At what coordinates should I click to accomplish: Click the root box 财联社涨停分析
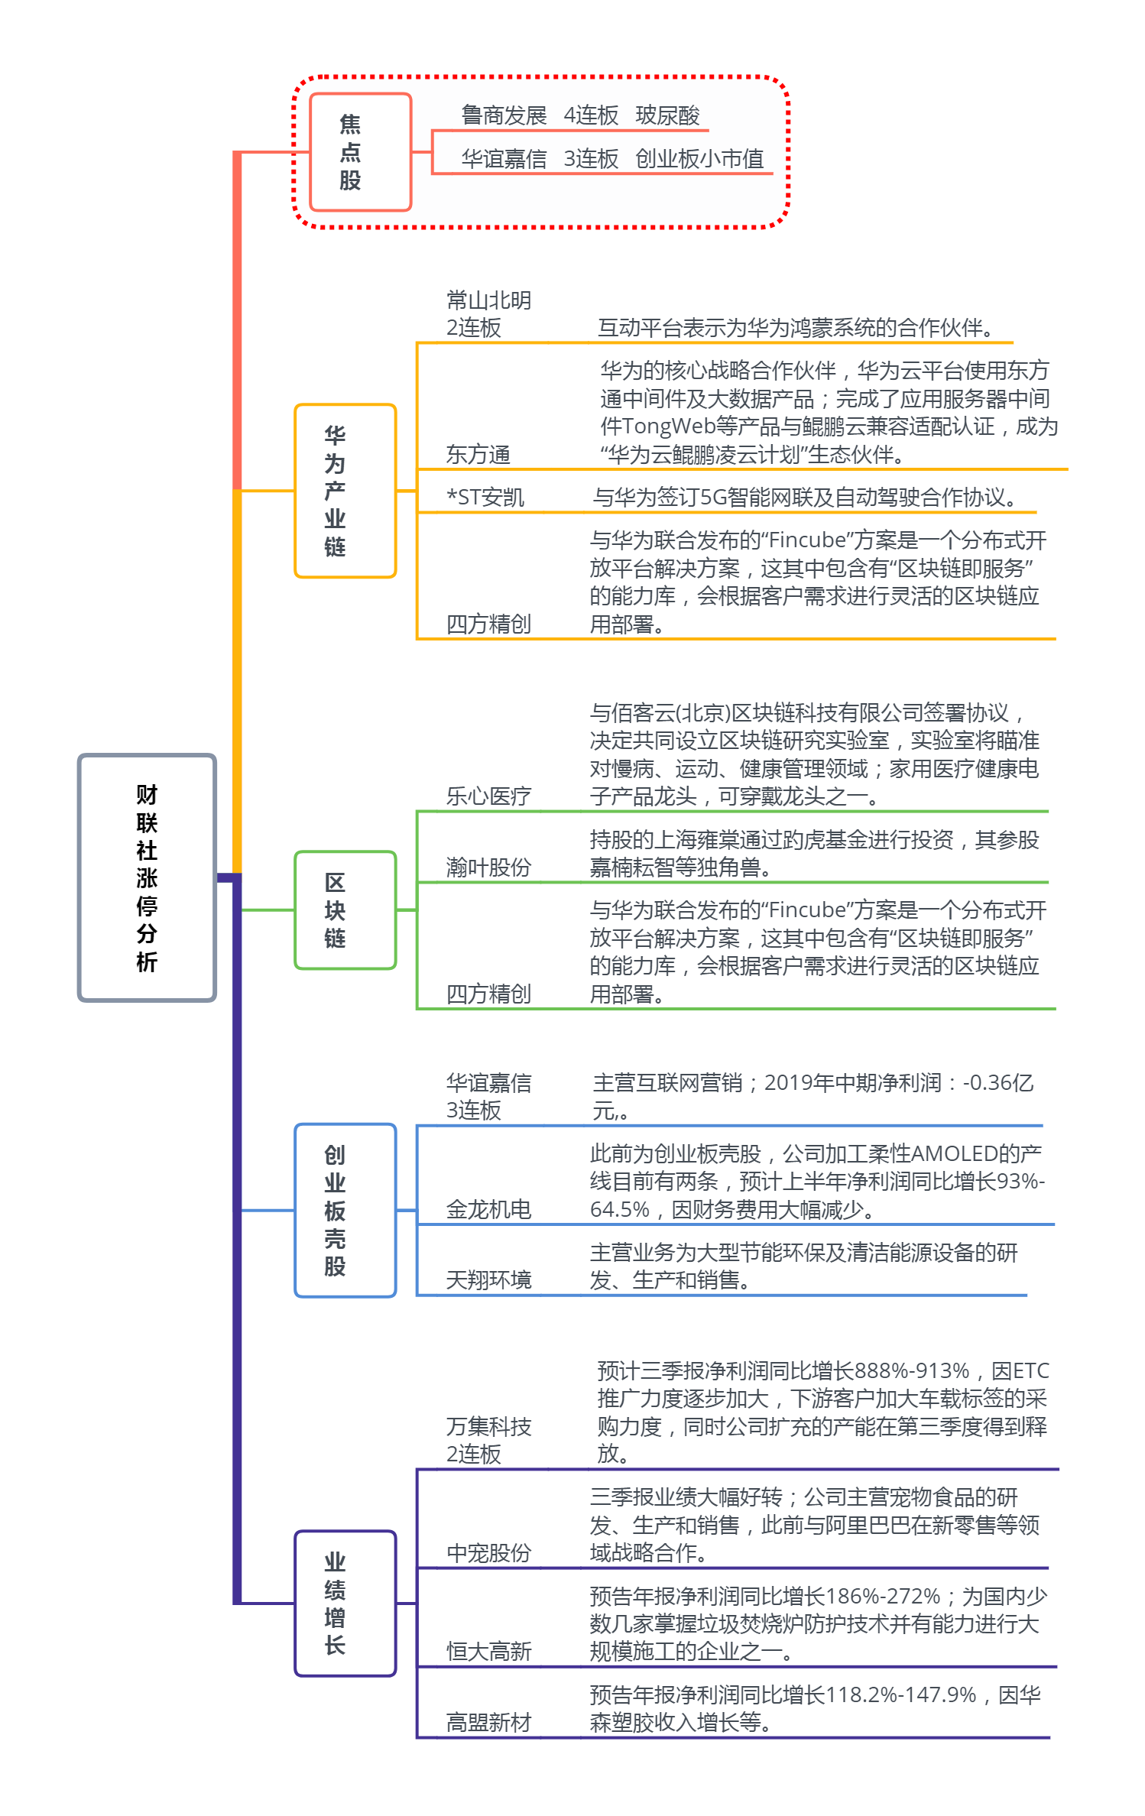(x=147, y=877)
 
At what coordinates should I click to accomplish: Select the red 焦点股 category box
(x=360, y=152)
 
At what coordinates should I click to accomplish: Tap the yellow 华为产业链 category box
(x=345, y=491)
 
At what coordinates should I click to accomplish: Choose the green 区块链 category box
(x=345, y=910)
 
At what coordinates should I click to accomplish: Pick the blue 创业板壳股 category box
(x=345, y=1210)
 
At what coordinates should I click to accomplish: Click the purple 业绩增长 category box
(x=345, y=1603)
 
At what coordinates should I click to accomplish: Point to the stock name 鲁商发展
(x=504, y=115)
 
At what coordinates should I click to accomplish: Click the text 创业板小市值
(x=699, y=159)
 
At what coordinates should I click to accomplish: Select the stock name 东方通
(x=478, y=455)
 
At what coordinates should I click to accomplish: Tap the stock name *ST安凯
(x=485, y=498)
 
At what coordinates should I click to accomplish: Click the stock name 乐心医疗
(x=488, y=796)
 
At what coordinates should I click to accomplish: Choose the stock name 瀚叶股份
(x=488, y=867)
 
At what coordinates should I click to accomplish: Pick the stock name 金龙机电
(x=488, y=1209)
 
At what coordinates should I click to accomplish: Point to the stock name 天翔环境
(x=488, y=1279)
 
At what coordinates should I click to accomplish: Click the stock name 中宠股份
(x=488, y=1553)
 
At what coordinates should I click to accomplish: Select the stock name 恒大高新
(x=488, y=1652)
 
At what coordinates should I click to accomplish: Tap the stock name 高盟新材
(x=488, y=1723)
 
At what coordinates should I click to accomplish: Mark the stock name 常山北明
(x=488, y=300)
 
